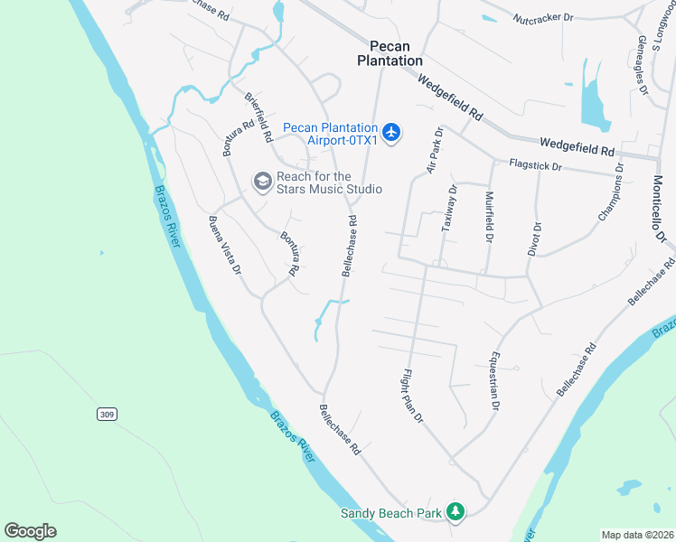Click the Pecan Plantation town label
tap(396, 53)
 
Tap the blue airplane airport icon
tap(391, 134)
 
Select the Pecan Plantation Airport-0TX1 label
tap(330, 134)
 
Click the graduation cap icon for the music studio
tap(262, 182)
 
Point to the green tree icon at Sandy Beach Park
tap(456, 513)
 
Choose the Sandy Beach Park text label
tap(391, 514)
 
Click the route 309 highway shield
tap(108, 414)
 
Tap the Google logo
tap(30, 531)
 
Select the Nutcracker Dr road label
tap(543, 17)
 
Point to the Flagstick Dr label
tap(535, 166)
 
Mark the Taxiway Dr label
tap(449, 209)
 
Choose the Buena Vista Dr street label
tap(225, 244)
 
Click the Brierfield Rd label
tap(258, 117)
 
